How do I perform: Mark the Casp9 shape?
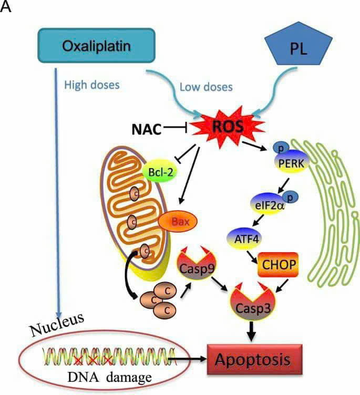point(199,266)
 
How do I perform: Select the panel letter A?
point(6,9)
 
